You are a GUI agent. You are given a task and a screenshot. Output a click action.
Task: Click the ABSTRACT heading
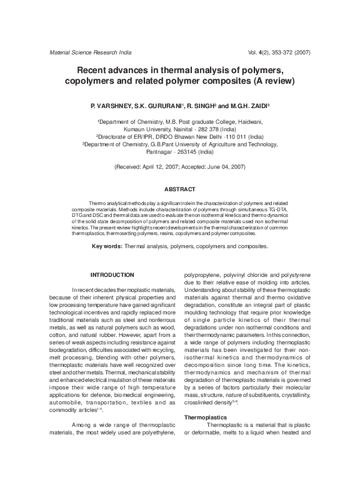(x=180, y=189)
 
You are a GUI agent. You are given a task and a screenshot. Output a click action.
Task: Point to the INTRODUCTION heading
(x=112, y=275)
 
